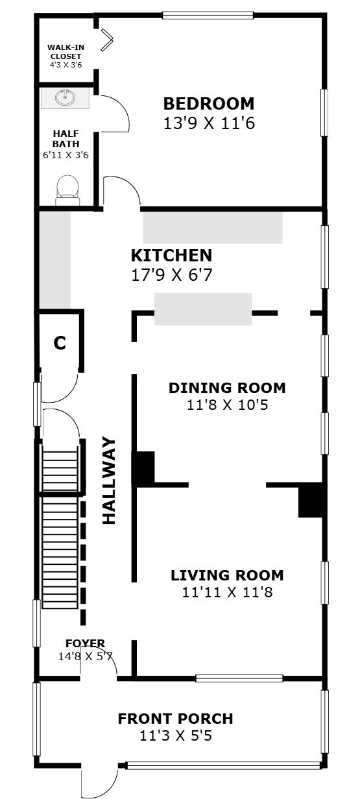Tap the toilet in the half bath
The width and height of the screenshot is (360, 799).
coord(67,190)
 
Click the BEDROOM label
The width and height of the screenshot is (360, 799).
coord(209,104)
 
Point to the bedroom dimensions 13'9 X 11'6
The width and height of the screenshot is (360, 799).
coord(209,123)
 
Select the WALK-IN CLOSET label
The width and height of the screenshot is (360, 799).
coord(66,52)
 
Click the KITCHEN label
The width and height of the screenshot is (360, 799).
coord(172,256)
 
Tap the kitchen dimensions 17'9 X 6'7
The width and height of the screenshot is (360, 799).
coord(172,275)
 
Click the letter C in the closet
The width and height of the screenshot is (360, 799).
coord(60,343)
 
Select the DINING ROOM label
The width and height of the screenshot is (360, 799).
coord(227,388)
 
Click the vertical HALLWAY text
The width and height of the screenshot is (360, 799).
coord(109,481)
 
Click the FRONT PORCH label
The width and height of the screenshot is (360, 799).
coord(176,719)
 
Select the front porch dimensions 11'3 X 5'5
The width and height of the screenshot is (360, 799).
coord(176,735)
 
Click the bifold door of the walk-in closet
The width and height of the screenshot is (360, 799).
coord(106,39)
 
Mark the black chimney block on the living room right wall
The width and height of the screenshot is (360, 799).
coord(311,500)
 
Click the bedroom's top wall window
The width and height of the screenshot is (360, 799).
coord(208,16)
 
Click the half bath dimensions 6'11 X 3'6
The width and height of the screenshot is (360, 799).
coord(66,155)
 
